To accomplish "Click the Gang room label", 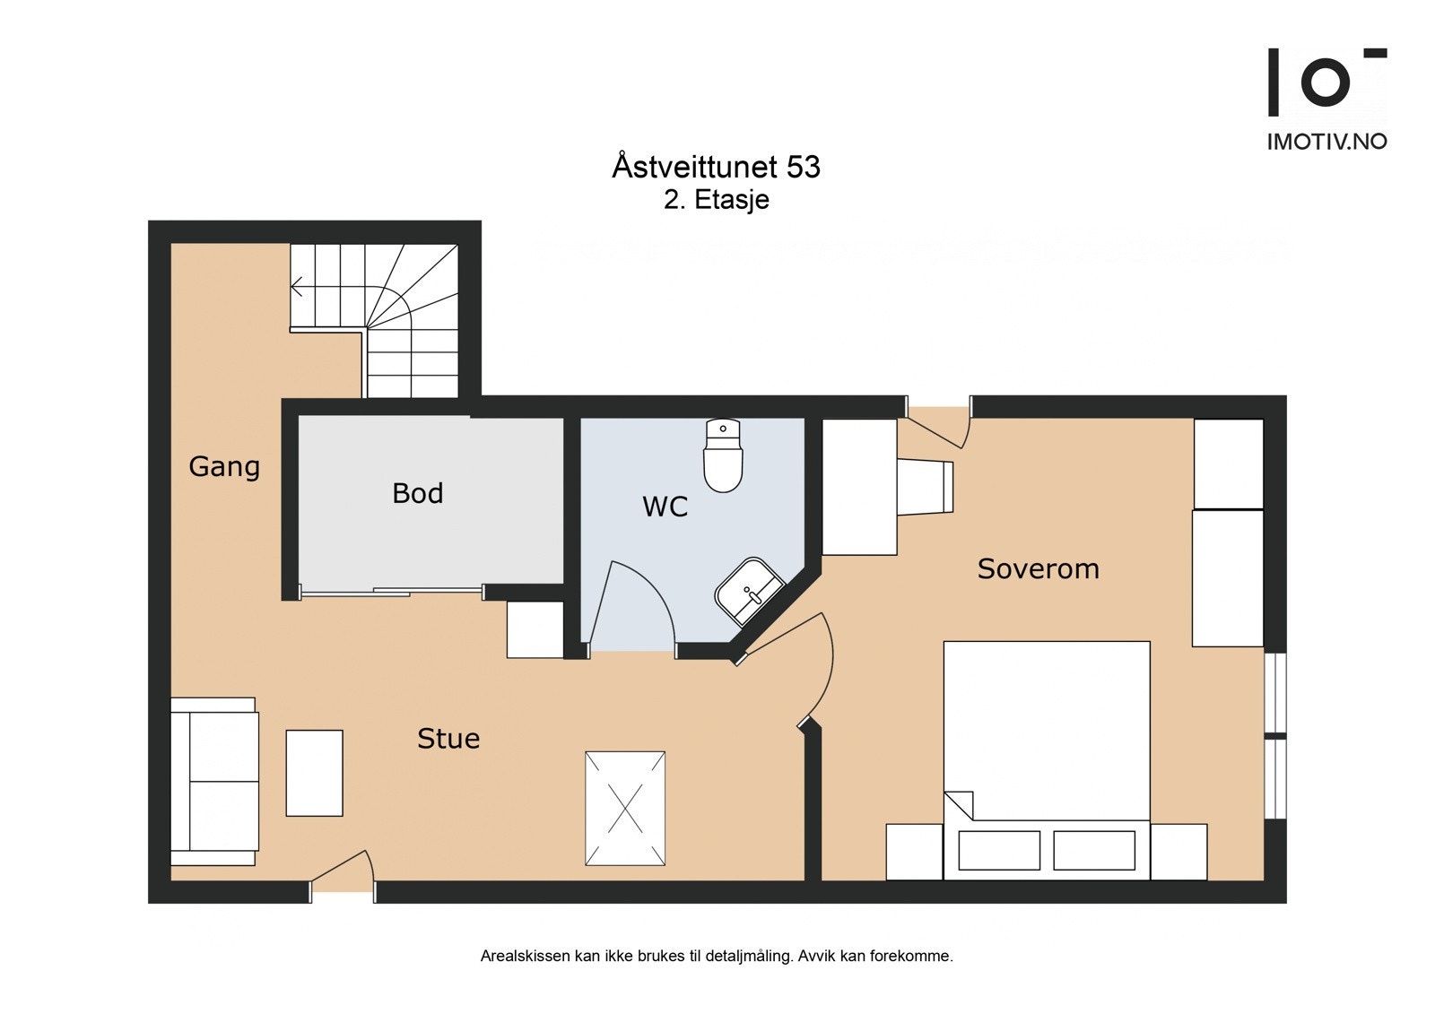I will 224,467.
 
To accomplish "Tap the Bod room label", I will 418,493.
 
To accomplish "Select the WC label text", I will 665,507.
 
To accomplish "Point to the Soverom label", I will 1038,568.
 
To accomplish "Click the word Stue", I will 448,739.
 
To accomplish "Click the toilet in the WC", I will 723,457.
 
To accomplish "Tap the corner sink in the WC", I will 750,592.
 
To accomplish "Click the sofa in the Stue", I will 215,781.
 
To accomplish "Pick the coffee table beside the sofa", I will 314,773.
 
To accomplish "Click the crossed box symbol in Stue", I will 625,808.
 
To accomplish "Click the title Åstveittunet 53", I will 716,167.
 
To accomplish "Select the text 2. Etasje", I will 716,199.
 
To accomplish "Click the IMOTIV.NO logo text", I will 1326,142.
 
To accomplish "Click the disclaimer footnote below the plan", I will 716,957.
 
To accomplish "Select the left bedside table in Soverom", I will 914,852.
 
